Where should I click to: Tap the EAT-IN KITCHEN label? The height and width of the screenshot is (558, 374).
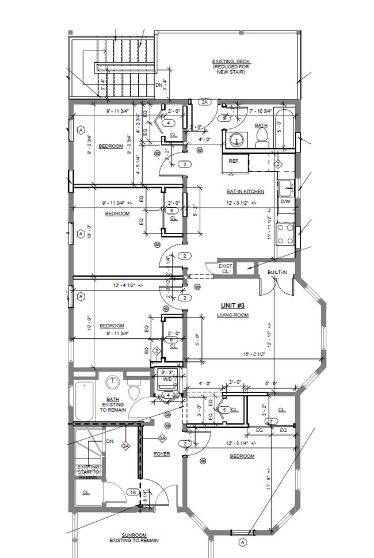point(245,191)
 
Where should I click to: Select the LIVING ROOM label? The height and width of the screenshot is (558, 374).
point(232,315)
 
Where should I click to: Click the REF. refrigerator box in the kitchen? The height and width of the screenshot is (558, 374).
point(234,162)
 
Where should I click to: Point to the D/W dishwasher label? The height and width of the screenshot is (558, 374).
point(285,202)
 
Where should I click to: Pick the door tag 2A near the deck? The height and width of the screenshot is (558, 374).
point(204,102)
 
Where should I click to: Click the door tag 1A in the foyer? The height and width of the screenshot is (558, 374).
point(133,492)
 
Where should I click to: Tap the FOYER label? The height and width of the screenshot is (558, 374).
point(162,454)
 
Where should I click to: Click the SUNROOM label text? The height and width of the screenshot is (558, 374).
point(136,534)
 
